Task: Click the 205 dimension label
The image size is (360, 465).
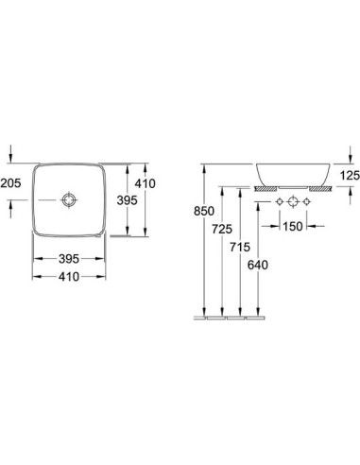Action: [x=10, y=182]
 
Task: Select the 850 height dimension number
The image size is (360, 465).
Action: [x=204, y=211]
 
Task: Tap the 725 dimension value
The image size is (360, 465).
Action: [x=222, y=229]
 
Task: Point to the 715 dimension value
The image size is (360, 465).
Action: [x=240, y=247]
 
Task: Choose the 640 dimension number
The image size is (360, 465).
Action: [x=258, y=265]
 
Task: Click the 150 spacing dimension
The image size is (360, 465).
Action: [x=293, y=226]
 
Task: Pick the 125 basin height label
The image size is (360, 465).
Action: [x=350, y=175]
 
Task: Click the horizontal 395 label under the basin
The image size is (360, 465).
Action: [x=69, y=259]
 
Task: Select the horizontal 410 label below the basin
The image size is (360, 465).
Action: [x=69, y=277]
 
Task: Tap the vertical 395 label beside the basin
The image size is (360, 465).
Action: [x=128, y=200]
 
